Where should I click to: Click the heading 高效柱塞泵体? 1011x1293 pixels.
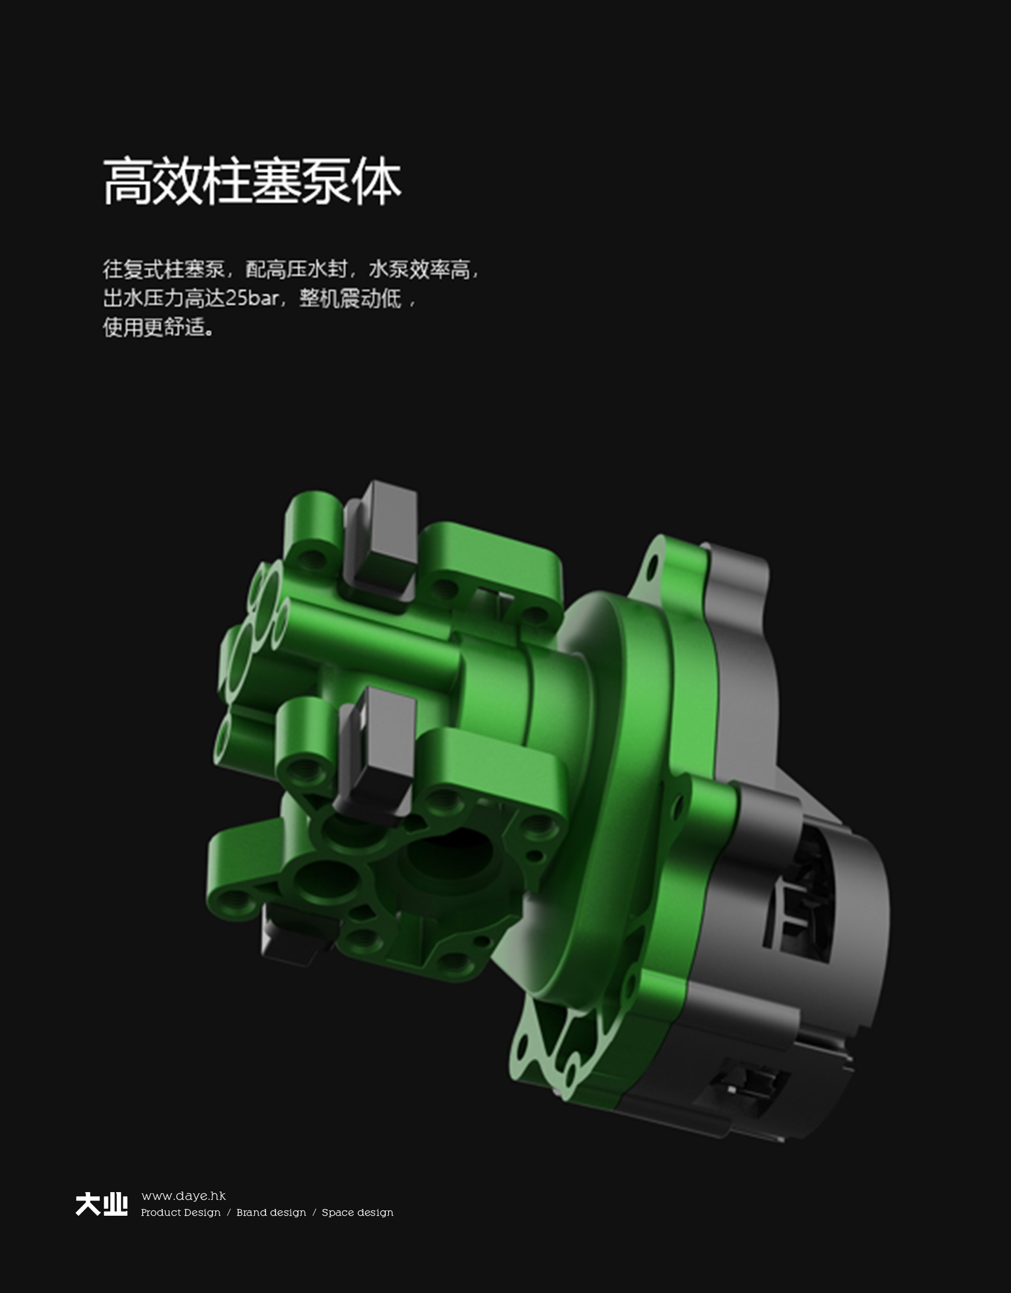coord(252,181)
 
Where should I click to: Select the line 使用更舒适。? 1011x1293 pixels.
coord(159,327)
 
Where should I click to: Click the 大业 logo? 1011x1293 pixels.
coord(101,1205)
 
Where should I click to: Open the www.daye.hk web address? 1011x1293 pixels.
coord(183,1196)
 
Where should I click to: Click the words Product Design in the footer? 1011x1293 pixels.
coord(180,1213)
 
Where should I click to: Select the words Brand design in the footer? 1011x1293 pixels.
coord(271,1213)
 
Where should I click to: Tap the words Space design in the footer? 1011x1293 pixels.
coord(357,1213)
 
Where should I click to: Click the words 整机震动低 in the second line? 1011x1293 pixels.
coord(350,298)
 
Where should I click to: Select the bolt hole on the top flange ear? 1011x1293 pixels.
coord(652,567)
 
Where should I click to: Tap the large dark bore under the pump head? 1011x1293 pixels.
coord(450,858)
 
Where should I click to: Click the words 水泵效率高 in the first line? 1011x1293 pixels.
coord(419,270)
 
